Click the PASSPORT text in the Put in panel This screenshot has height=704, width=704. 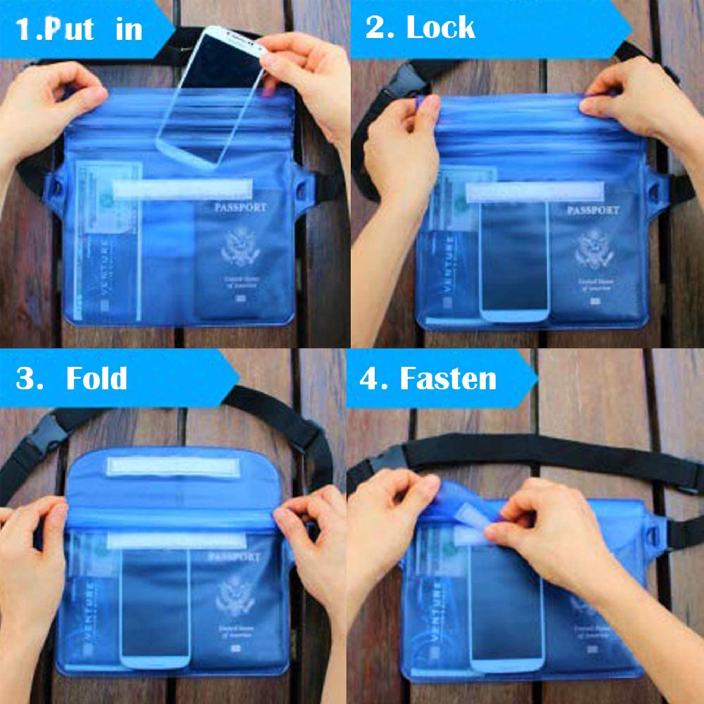[x=240, y=208]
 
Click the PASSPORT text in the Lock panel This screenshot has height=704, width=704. [x=593, y=210]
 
